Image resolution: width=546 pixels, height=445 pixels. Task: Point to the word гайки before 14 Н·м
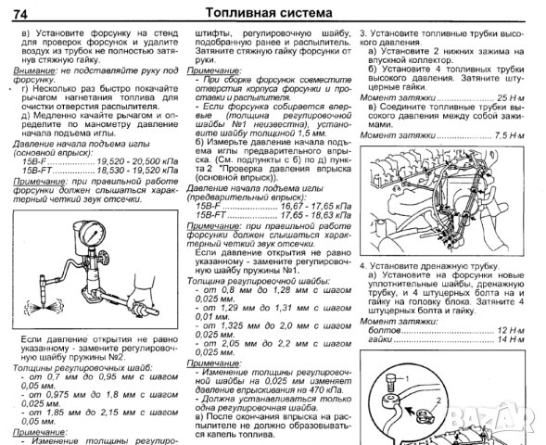point(375,338)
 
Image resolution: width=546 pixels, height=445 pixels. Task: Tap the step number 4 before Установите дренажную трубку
point(363,265)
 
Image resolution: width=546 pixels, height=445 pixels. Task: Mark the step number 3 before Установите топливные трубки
point(363,32)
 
